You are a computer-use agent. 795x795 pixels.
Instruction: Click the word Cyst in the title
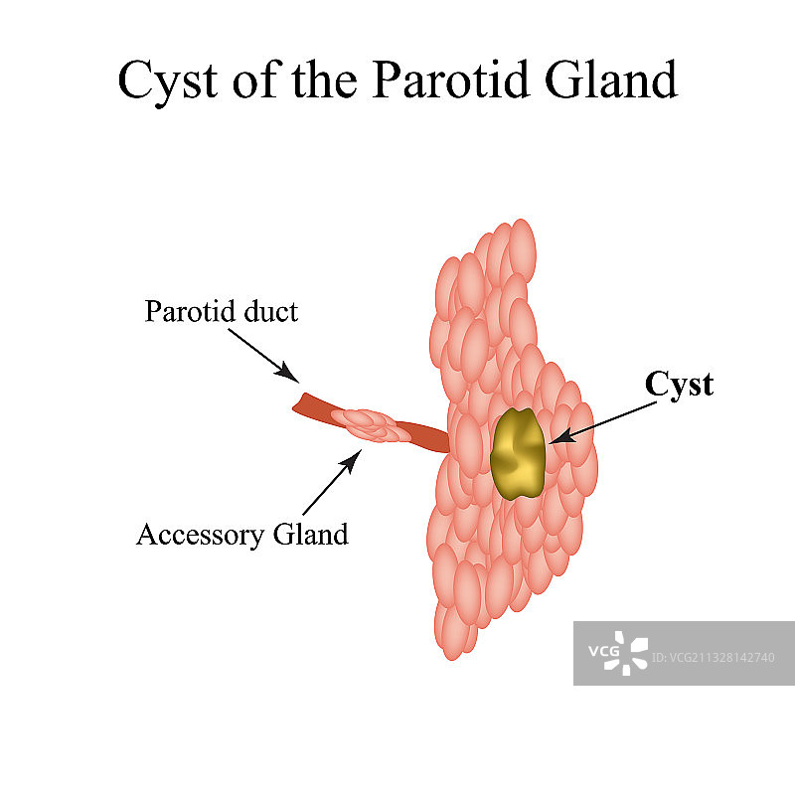tap(166, 80)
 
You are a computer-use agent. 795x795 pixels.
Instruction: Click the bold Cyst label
tap(679, 385)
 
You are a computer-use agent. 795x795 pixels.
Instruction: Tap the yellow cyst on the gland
tap(518, 453)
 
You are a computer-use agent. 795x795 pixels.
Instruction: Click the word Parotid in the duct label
tap(191, 312)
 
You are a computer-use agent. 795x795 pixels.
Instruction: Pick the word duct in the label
tap(269, 311)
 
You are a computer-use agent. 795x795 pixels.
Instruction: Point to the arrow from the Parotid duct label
tap(261, 355)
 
